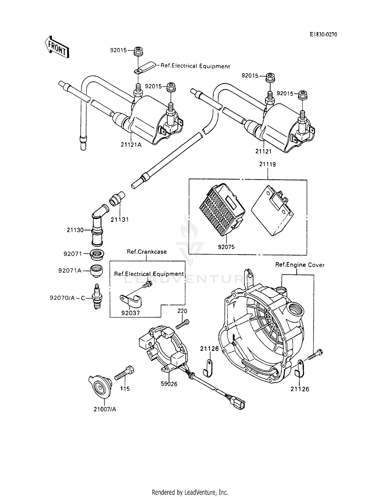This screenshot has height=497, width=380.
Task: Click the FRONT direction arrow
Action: point(56,47)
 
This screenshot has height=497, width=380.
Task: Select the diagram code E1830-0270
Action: point(323,35)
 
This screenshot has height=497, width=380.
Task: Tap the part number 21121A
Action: point(131,145)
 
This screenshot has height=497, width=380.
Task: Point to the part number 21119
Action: point(267,164)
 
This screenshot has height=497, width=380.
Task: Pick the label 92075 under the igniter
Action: point(226,247)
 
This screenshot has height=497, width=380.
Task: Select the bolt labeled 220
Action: point(183,324)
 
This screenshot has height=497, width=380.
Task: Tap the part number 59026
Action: point(169,384)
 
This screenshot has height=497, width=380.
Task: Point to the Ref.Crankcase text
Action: point(147,252)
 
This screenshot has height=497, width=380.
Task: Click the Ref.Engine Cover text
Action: point(300,265)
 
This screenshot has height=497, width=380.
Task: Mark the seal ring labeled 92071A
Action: point(97,271)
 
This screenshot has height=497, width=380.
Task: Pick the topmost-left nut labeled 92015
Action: point(138,51)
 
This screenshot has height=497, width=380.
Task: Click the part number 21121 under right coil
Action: point(263,151)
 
